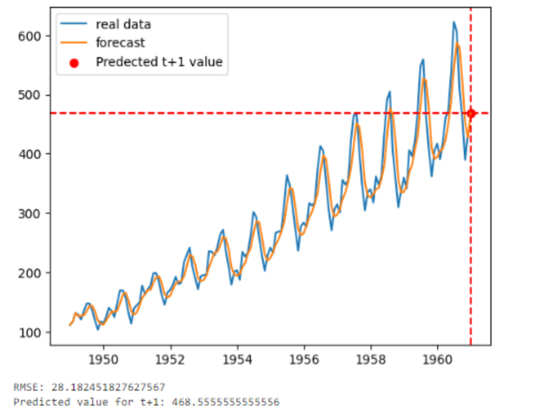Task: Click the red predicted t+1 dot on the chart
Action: coord(471,113)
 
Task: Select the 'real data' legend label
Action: coord(123,24)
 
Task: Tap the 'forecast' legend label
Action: coord(120,43)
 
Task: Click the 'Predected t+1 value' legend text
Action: coord(159,62)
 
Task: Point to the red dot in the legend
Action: coord(75,62)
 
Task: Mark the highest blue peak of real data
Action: coord(453,22)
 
